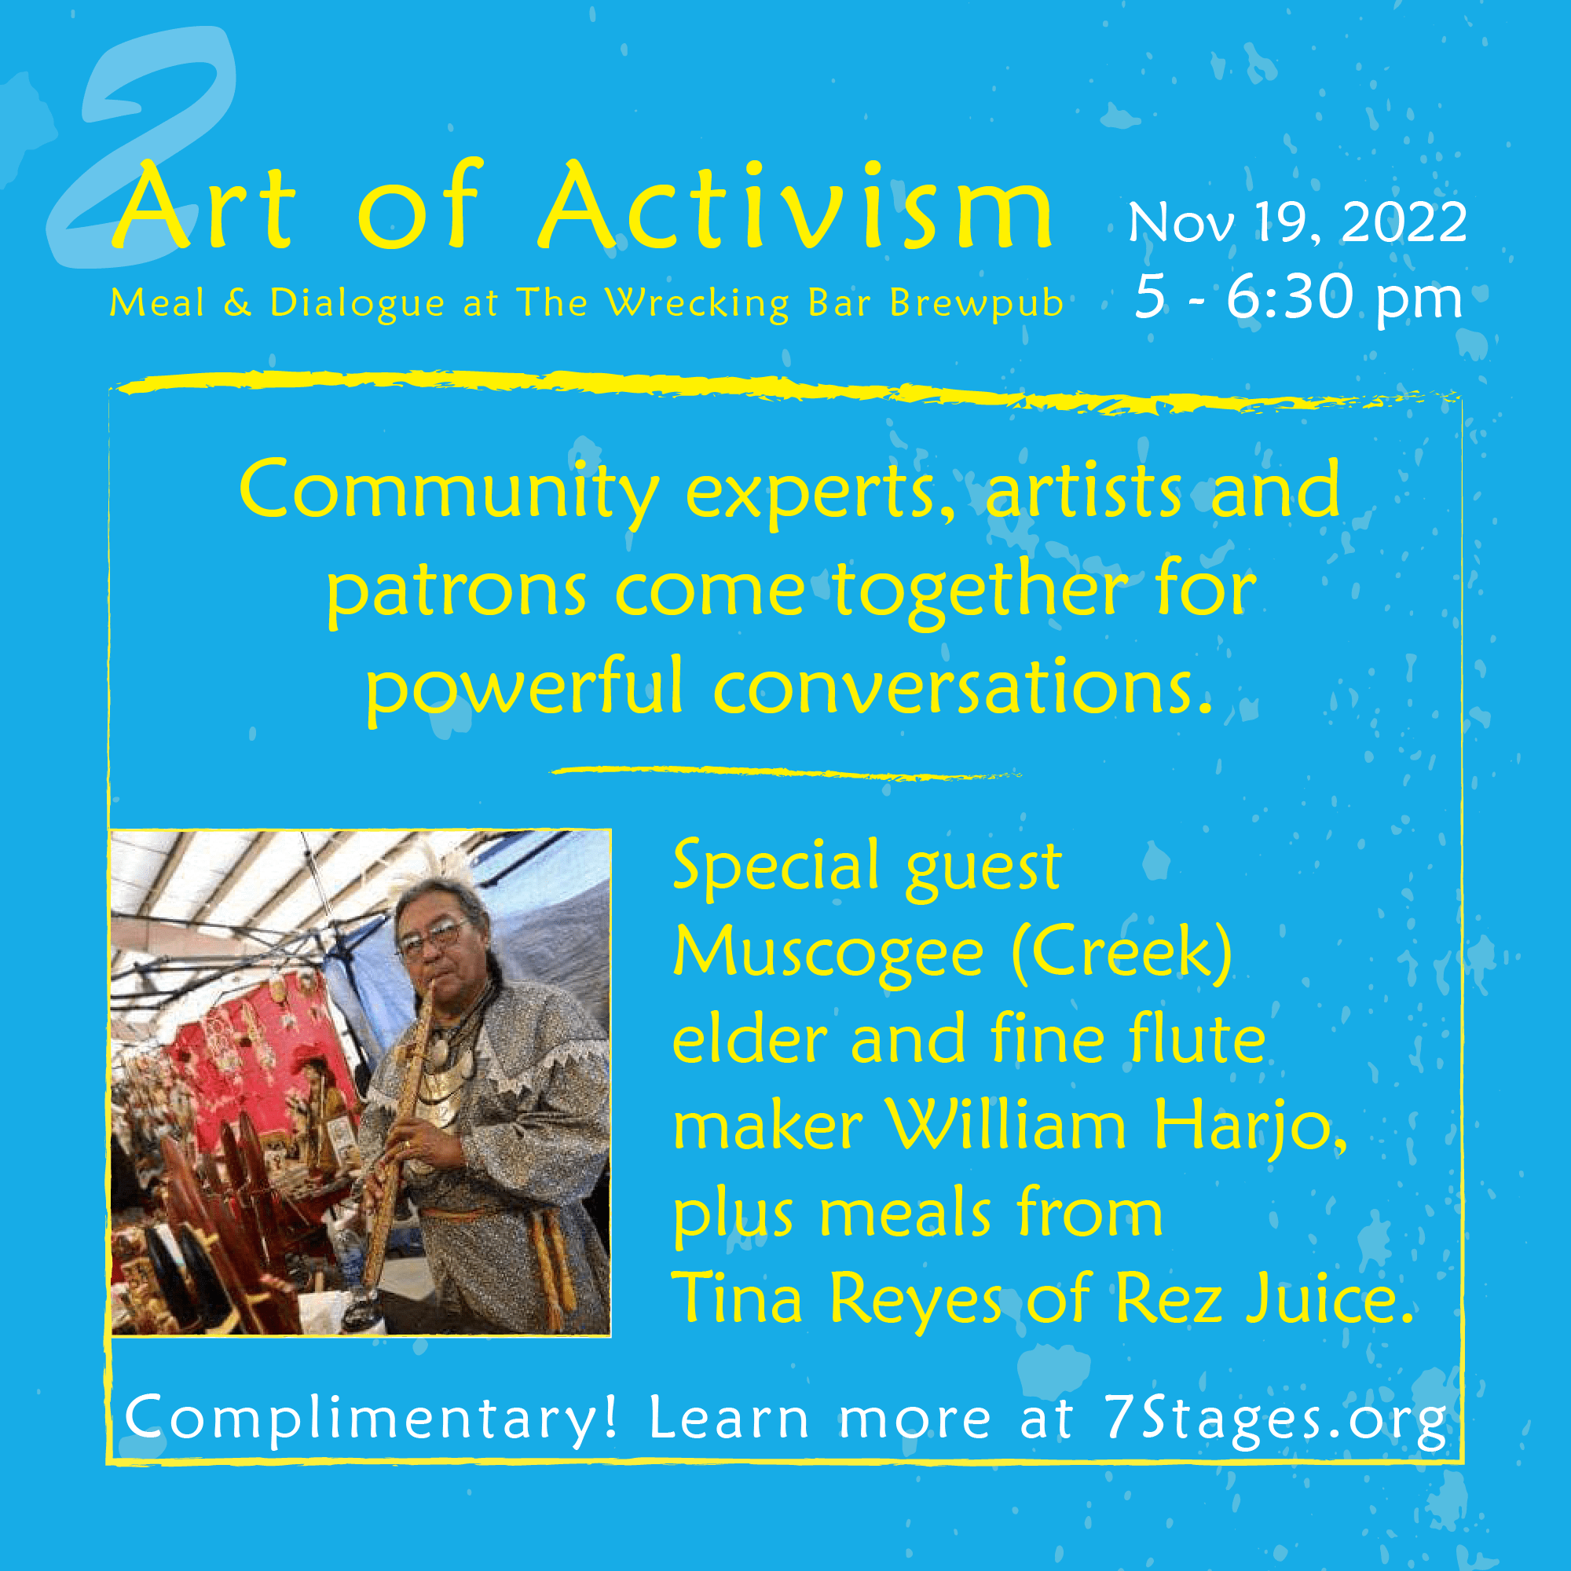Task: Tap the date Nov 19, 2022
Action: pyautogui.click(x=1297, y=222)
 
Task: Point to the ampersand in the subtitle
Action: pyautogui.click(x=236, y=303)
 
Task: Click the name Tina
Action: pyautogui.click(x=737, y=1299)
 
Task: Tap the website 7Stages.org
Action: pyautogui.click(x=1274, y=1419)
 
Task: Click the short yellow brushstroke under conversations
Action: pyautogui.click(x=786, y=772)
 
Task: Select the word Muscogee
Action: pyautogui.click(x=829, y=954)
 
